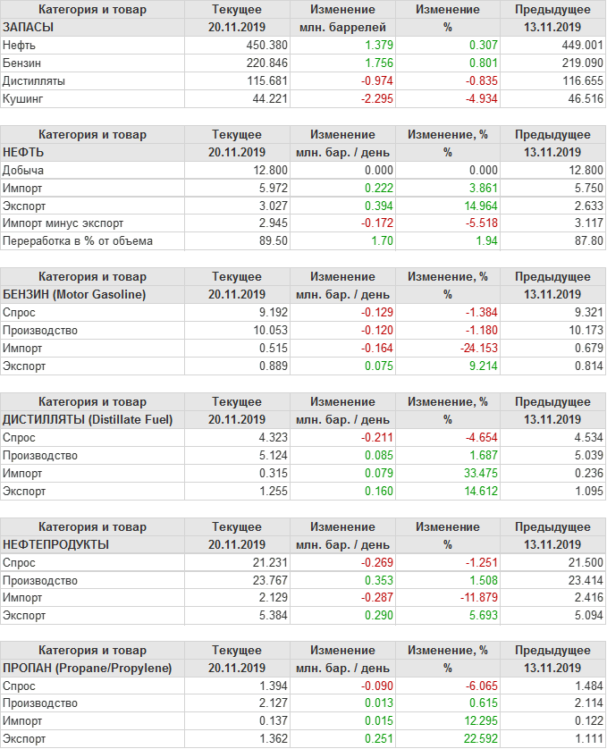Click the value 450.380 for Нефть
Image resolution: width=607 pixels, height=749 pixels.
[266, 45]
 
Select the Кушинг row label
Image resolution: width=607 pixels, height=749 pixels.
[23, 98]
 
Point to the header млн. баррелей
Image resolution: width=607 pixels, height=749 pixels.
[344, 27]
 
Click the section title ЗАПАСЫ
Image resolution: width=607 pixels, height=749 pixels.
[29, 27]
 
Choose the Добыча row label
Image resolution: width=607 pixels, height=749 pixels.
[23, 170]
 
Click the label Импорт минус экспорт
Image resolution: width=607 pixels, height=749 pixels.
[63, 223]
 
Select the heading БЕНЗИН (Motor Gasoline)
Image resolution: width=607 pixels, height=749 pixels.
[74, 294]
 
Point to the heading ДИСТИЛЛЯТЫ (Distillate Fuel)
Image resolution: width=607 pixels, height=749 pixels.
[88, 419]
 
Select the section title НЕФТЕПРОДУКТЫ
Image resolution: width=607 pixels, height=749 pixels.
[56, 544]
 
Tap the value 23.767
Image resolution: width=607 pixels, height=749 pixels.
[266, 580]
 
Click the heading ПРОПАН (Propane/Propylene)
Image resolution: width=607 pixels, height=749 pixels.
[88, 668]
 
